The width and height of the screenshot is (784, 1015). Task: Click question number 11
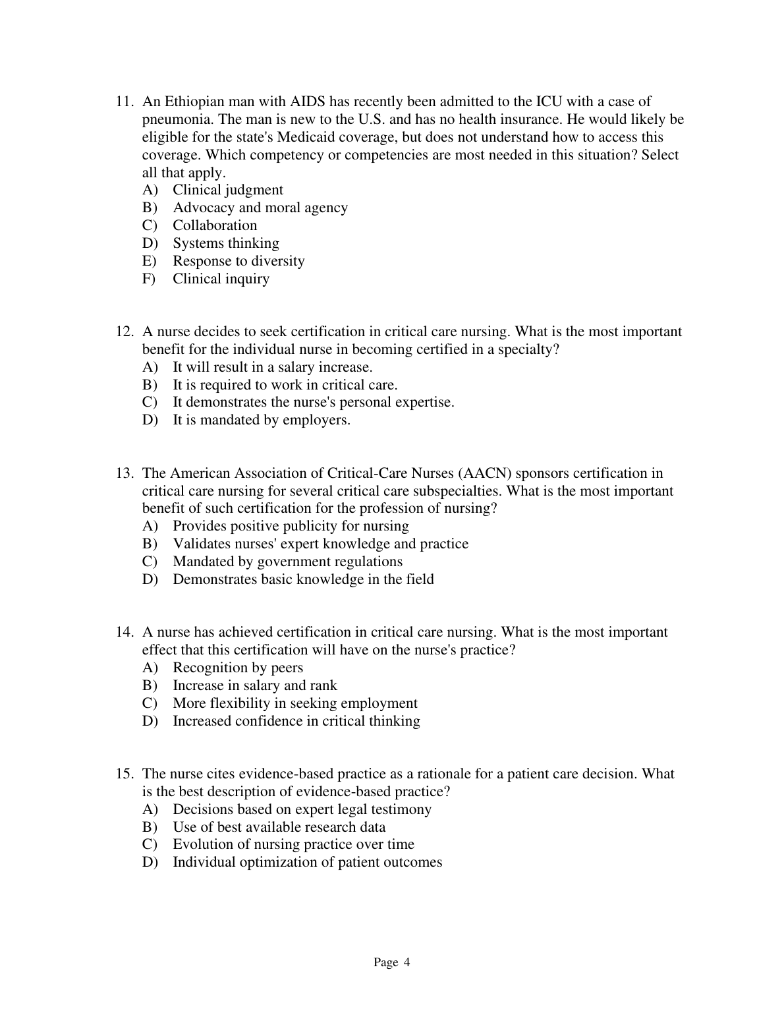coord(126,101)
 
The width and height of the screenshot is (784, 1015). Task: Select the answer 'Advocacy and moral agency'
coord(260,208)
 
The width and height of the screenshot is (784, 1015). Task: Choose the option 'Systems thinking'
coord(225,243)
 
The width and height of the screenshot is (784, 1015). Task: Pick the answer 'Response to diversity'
coord(238,261)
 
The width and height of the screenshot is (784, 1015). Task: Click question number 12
coord(126,332)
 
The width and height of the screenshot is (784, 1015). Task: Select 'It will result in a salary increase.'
coord(272,367)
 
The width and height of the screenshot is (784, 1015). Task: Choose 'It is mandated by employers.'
coord(261,420)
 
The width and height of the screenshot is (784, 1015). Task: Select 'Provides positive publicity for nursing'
coord(291,526)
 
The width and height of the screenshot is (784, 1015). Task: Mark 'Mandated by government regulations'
coord(287,562)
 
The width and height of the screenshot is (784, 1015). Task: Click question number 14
coord(126,632)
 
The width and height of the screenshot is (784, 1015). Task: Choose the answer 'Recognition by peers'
coord(238,668)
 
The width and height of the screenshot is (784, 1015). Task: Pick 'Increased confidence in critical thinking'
coord(296,721)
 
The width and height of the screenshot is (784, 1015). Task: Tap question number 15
coord(126,774)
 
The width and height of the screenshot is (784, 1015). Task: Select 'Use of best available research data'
coord(279,827)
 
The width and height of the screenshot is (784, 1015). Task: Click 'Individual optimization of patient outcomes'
coord(307,862)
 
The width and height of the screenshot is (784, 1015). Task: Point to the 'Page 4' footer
coord(391,963)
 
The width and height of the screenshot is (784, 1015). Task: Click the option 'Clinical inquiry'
coord(221,279)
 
